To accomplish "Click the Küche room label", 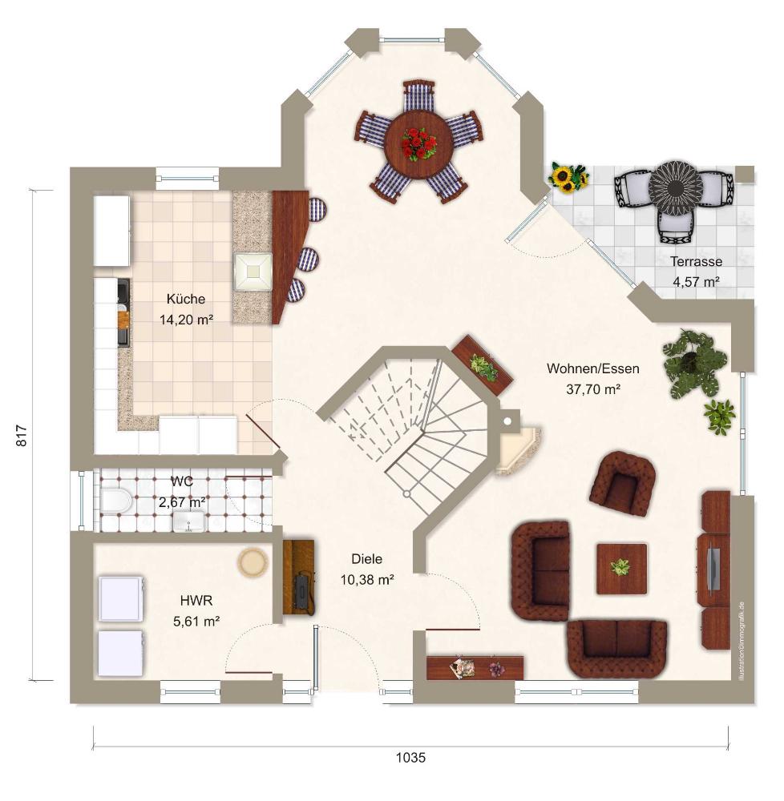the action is point(185,300).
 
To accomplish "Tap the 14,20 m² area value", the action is point(186,320).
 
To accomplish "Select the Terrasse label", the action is point(696,262).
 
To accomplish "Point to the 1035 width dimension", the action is point(410,758).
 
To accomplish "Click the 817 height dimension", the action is point(22,436).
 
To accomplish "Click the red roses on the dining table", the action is point(418,143).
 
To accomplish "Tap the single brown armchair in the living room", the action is point(623,483).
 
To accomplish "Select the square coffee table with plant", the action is point(621,569).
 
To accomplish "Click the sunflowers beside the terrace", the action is point(568,178).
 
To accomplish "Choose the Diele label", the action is point(366,559).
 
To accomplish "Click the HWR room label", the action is point(196,600).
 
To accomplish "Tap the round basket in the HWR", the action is point(252,562).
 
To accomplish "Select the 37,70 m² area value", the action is point(593,390).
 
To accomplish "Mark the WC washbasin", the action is point(190,521).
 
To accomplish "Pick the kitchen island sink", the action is point(253,272).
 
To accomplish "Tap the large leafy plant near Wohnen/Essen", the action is point(694,363).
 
